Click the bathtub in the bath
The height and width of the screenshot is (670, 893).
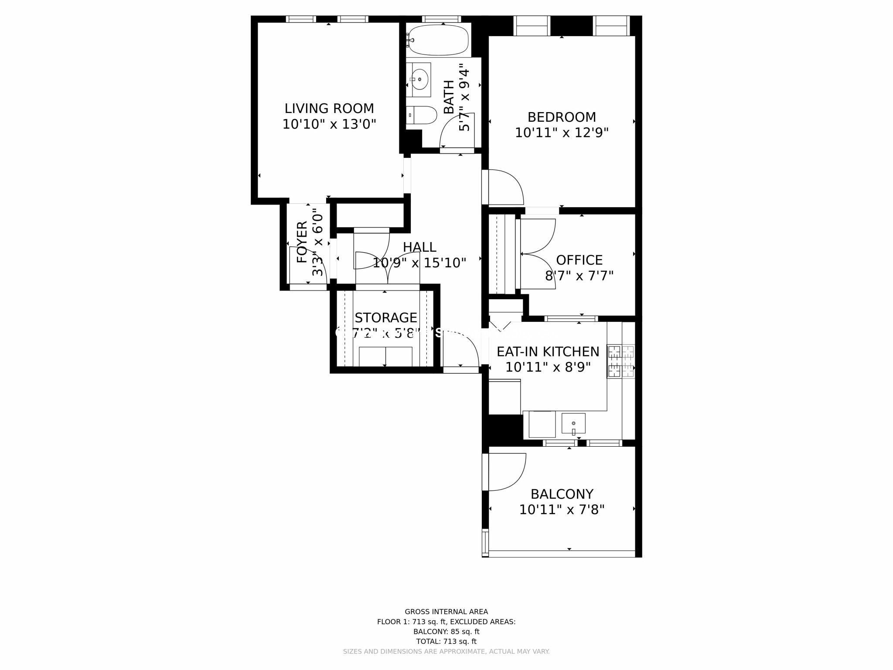pyautogui.click(x=438, y=40)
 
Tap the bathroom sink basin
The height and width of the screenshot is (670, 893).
pyautogui.click(x=419, y=79)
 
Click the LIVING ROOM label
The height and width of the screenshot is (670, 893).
pyautogui.click(x=329, y=108)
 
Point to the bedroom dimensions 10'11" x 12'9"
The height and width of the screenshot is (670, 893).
pyautogui.click(x=562, y=133)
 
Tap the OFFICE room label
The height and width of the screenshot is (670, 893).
pyautogui.click(x=579, y=260)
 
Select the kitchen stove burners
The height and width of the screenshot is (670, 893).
pyautogui.click(x=621, y=361)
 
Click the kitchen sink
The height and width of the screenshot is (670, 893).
pyautogui.click(x=573, y=423)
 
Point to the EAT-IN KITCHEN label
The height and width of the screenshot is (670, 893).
pyautogui.click(x=548, y=352)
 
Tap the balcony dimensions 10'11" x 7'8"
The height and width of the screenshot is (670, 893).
pyautogui.click(x=562, y=509)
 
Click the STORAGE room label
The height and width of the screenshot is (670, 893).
pyautogui.click(x=385, y=318)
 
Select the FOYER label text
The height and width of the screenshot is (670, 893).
pyautogui.click(x=302, y=242)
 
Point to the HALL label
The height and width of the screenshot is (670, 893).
pyautogui.click(x=419, y=247)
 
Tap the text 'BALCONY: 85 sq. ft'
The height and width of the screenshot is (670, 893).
pyautogui.click(x=446, y=631)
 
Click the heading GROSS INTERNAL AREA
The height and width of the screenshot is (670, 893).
pyautogui.click(x=446, y=612)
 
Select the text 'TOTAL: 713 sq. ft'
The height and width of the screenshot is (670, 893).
pyautogui.click(x=446, y=641)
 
